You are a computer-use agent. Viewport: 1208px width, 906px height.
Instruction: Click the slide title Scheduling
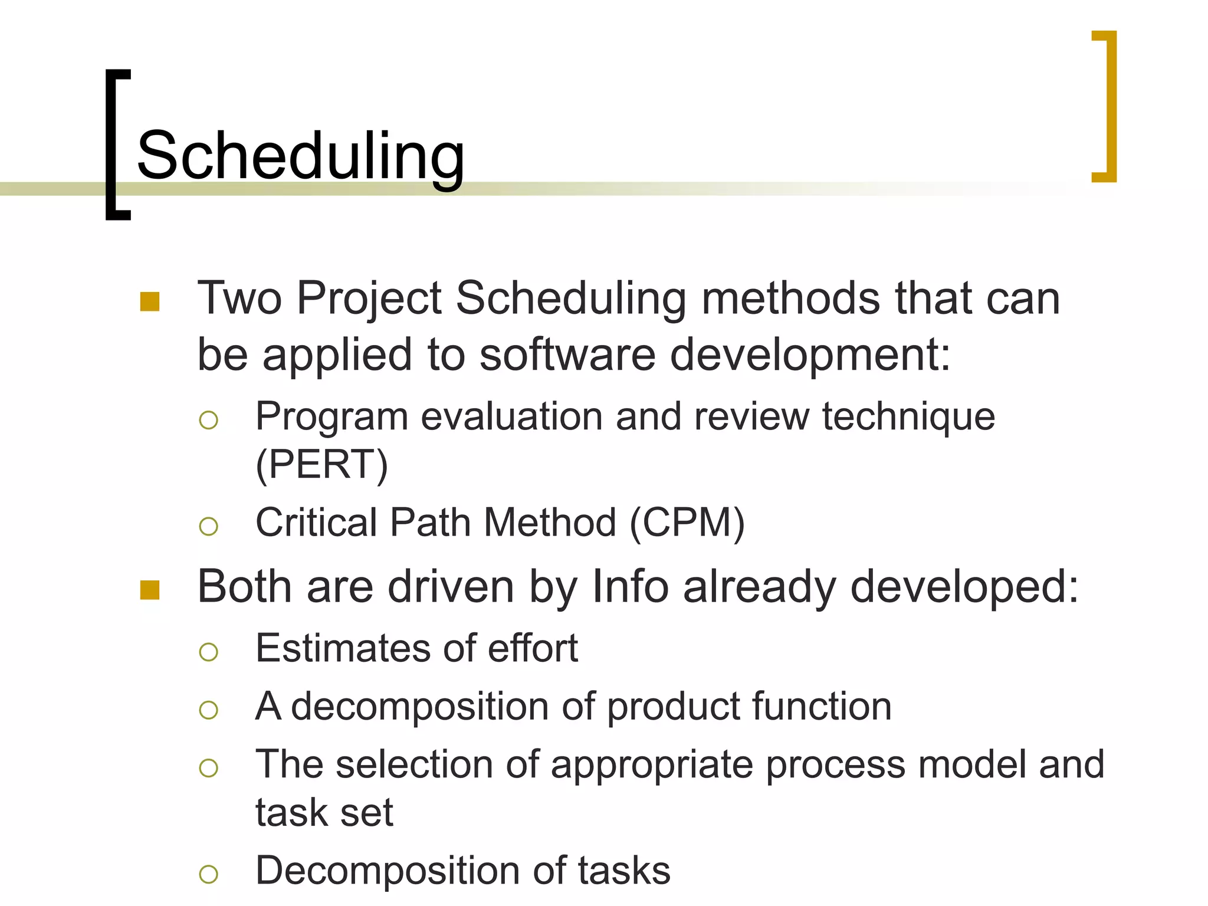[301, 156]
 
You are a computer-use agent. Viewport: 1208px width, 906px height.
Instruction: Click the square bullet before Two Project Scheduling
[150, 301]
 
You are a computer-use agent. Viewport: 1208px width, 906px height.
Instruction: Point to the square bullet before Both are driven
[150, 590]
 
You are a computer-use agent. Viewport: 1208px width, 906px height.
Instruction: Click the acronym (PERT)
[322, 465]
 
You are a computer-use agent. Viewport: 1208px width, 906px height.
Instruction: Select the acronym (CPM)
[687, 523]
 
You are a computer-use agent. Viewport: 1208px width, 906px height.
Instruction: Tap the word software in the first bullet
[567, 355]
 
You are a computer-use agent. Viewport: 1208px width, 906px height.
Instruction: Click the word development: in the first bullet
[810, 355]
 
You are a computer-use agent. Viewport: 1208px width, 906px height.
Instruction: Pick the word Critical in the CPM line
[316, 523]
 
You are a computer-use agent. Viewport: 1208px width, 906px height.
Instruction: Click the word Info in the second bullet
[630, 587]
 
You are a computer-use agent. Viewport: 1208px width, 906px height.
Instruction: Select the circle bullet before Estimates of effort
[209, 652]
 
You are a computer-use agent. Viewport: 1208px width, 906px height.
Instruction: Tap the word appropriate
[652, 766]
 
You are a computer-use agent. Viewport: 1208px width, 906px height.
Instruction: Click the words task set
[324, 813]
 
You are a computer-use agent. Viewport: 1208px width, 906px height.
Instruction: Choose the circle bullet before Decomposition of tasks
[209, 874]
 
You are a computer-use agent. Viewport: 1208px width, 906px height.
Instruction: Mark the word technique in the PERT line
[908, 417]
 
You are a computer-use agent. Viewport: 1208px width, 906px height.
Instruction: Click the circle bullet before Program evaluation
[209, 420]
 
